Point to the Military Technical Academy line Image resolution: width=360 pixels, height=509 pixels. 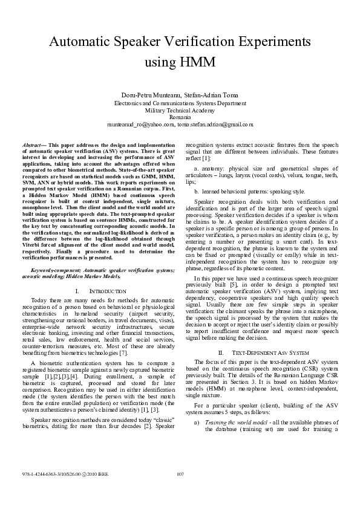(x=180, y=110)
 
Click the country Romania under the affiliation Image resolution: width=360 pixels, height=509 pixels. (x=180, y=117)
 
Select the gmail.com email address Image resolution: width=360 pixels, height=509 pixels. (x=215, y=124)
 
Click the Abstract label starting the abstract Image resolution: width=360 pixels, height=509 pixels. (x=34, y=146)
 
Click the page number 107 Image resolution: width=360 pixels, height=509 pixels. (x=180, y=490)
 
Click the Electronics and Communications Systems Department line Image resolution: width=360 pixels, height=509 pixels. (x=180, y=103)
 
